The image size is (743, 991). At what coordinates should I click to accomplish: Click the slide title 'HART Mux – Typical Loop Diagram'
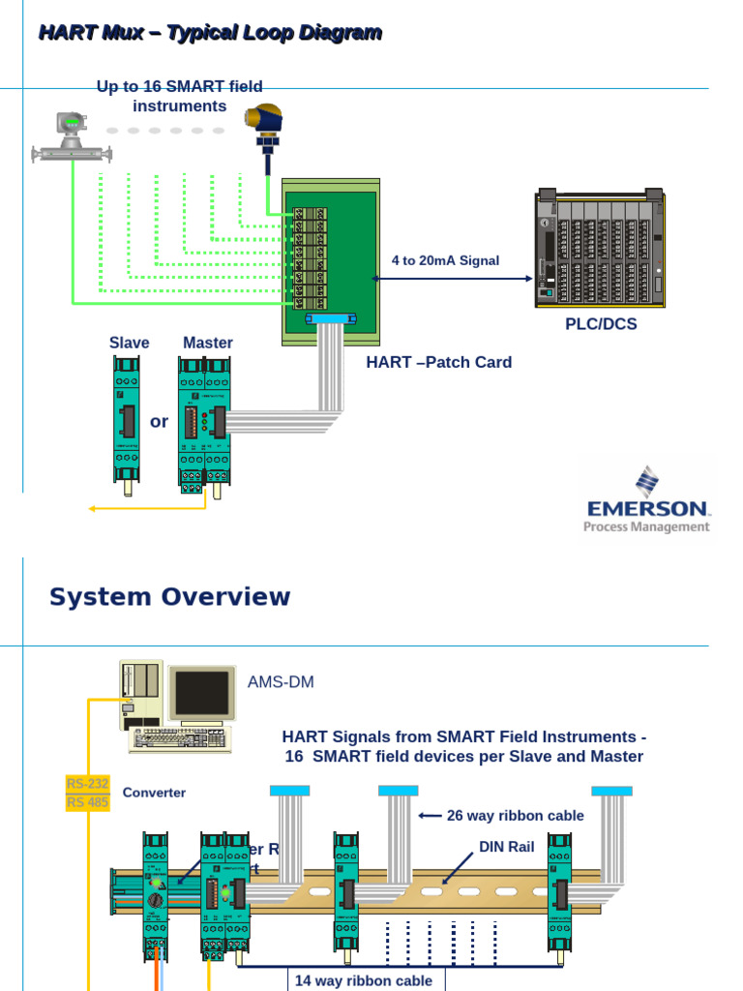209,33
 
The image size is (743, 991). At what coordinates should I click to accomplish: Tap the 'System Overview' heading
169,596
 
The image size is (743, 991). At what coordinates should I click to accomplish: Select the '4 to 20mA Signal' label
445,260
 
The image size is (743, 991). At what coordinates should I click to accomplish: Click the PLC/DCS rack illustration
600,250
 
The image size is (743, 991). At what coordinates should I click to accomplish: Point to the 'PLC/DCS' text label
601,324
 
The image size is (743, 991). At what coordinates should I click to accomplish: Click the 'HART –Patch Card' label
438,362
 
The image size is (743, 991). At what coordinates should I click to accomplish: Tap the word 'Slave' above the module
129,343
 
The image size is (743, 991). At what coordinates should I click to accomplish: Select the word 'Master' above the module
208,343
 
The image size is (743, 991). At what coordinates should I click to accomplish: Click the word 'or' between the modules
160,422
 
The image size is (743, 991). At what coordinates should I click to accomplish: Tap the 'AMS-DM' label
281,682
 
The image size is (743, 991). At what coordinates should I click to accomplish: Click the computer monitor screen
202,693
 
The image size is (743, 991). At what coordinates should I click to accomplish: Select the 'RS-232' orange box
88,783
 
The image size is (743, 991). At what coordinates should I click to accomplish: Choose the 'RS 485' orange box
88,802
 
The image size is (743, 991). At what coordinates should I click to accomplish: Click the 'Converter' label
154,793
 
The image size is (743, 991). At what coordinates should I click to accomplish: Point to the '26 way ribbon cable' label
515,816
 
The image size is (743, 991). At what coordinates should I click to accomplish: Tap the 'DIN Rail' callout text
507,847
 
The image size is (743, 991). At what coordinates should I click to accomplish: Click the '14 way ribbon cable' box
363,980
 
